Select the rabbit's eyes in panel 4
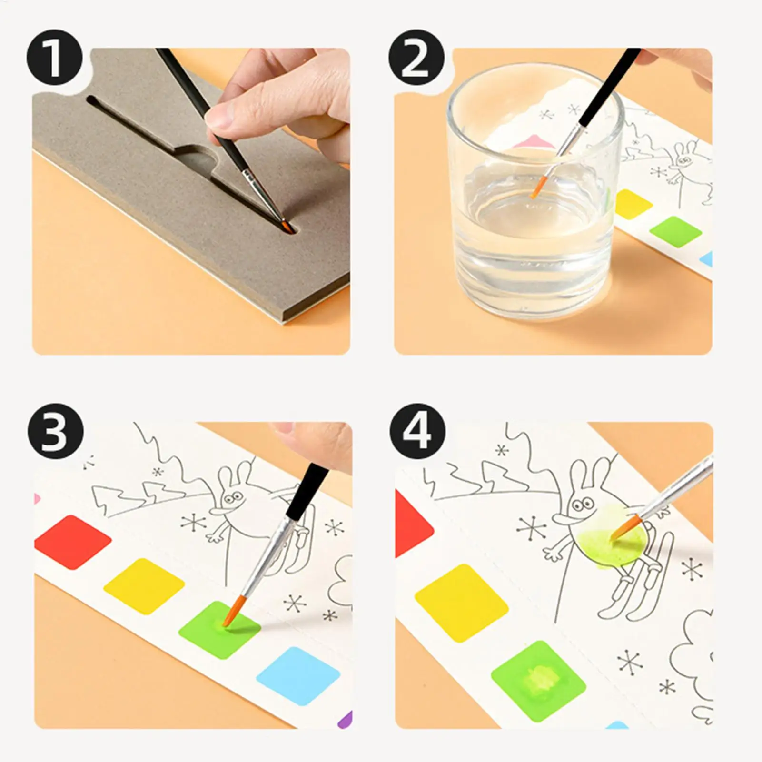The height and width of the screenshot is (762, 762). tap(580, 502)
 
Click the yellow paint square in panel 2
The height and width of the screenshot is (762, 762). tap(634, 203)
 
